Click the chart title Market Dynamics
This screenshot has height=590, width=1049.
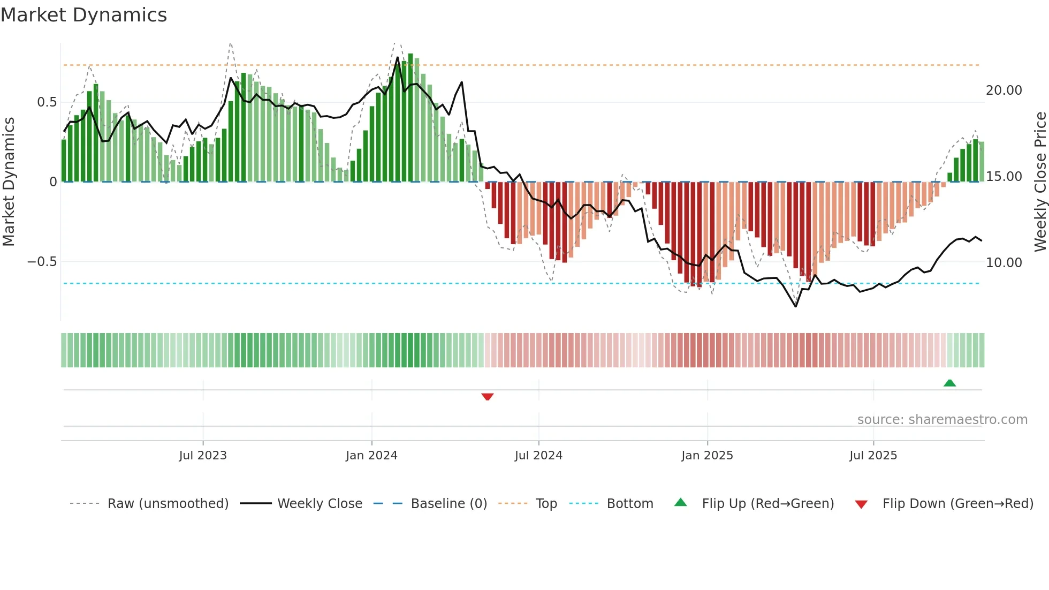click(83, 15)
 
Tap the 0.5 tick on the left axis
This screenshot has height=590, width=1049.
click(47, 102)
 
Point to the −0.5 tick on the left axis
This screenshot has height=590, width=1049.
click(42, 262)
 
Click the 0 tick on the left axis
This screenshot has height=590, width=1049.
click(53, 182)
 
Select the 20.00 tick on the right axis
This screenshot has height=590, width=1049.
click(1004, 90)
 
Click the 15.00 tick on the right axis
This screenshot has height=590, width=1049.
click(1004, 177)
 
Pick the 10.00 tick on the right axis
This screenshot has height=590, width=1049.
click(1004, 263)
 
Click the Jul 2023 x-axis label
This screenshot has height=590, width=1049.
click(203, 456)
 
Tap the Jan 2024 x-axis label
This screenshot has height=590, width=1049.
click(371, 456)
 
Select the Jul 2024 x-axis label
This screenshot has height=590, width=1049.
click(538, 456)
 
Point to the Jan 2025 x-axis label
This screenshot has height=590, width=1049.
click(707, 456)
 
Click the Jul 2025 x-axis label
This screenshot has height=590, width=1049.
click(873, 456)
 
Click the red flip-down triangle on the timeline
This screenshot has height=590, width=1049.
click(487, 397)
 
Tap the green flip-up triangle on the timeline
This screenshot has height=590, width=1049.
click(949, 383)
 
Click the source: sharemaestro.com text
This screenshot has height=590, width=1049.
click(942, 420)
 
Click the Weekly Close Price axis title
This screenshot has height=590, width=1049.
click(1040, 182)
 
